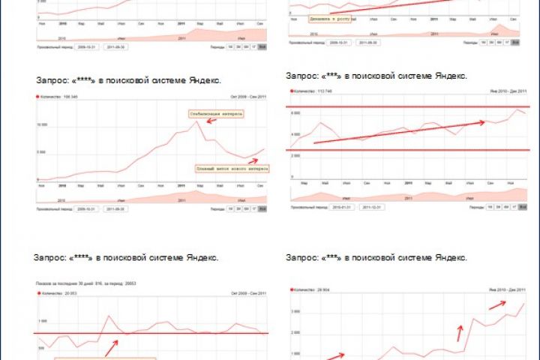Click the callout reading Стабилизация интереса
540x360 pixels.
(217, 114)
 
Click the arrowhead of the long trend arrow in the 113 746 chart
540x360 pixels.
(481, 121)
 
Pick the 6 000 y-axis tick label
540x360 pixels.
(296, 112)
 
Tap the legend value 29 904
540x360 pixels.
(325, 289)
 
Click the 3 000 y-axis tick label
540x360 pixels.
(295, 310)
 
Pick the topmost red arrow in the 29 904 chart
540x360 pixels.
(496, 304)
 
